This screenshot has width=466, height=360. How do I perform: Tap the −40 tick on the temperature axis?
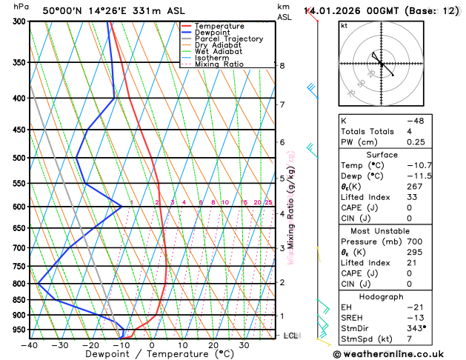click(x=30, y=344)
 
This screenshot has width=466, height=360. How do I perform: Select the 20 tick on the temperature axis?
click(x=213, y=344)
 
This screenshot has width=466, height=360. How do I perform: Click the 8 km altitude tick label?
click(x=282, y=65)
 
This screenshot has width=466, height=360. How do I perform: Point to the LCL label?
click(x=291, y=336)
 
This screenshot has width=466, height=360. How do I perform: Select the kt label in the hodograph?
click(x=344, y=25)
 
